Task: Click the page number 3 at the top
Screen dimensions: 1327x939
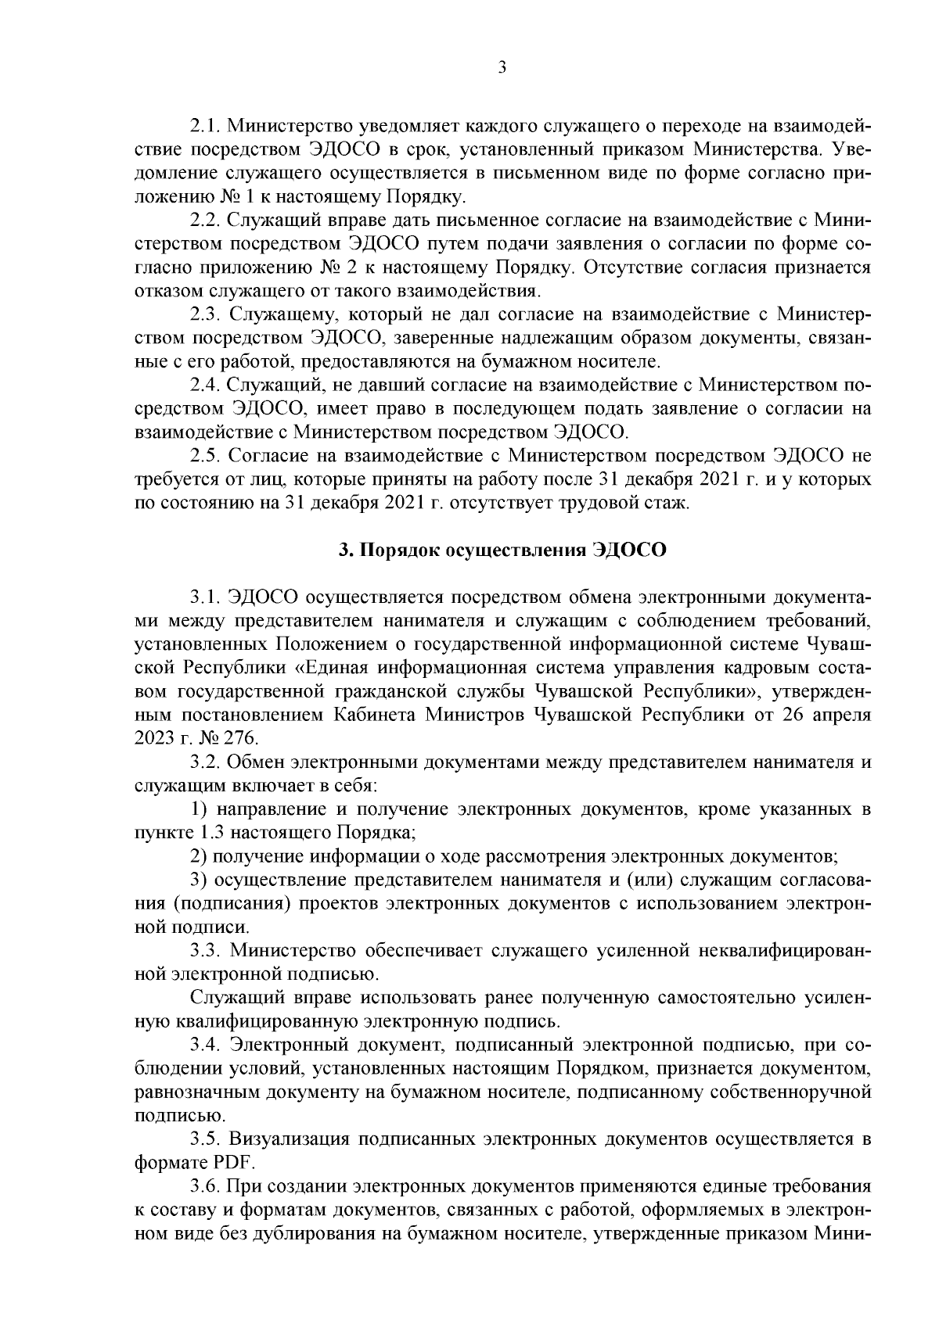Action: coord(502,68)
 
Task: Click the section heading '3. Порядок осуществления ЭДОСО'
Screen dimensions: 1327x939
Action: coord(502,550)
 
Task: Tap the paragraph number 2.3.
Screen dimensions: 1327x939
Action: coord(207,314)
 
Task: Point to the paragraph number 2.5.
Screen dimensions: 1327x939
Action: coord(207,455)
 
